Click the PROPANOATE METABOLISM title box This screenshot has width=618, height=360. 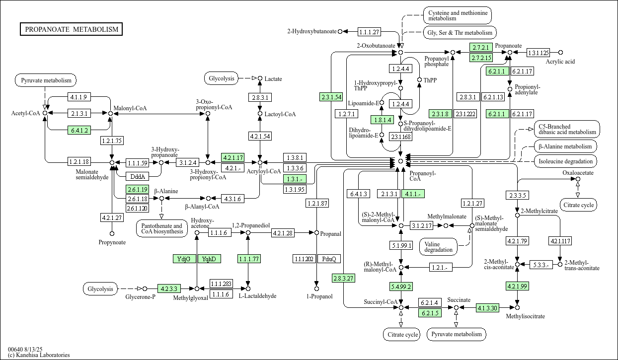[71, 29]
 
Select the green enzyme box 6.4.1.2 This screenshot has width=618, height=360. [79, 130]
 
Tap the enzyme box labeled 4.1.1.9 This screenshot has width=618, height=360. [79, 97]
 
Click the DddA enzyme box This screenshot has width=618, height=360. [138, 176]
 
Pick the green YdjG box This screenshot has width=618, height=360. [184, 259]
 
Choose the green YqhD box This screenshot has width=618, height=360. [209, 259]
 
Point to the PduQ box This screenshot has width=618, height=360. [329, 259]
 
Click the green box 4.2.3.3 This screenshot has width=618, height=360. [169, 288]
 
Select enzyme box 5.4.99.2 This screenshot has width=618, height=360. [401, 287]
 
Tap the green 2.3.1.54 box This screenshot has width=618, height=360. [331, 97]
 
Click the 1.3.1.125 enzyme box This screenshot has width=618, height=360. [538, 53]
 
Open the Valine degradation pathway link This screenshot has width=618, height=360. [438, 247]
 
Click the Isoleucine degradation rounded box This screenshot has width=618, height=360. [565, 161]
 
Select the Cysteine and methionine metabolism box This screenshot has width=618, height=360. [458, 15]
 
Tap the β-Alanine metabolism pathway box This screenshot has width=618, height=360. [565, 146]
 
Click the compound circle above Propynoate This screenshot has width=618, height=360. [112, 234]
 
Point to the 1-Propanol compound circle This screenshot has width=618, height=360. [317, 288]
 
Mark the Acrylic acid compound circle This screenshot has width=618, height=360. [560, 53]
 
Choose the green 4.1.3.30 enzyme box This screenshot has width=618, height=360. [487, 307]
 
